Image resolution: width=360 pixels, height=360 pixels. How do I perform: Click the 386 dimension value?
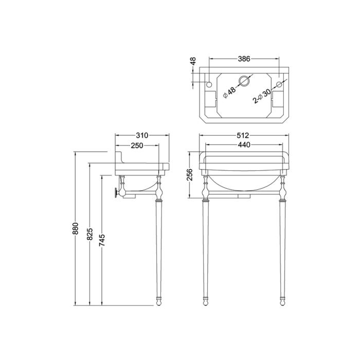(244, 59)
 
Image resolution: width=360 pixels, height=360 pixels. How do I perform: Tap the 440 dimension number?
(244, 145)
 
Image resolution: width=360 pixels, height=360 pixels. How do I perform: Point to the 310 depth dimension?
(142, 135)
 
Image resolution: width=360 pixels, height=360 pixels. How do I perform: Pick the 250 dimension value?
(137, 146)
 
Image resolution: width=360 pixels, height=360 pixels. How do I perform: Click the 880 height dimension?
(76, 228)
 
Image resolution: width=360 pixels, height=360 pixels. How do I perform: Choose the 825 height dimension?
(89, 234)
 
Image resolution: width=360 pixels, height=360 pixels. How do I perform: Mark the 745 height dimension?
(102, 240)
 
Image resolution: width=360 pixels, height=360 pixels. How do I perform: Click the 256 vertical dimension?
(190, 174)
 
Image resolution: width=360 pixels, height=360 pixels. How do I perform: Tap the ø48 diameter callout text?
(229, 92)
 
